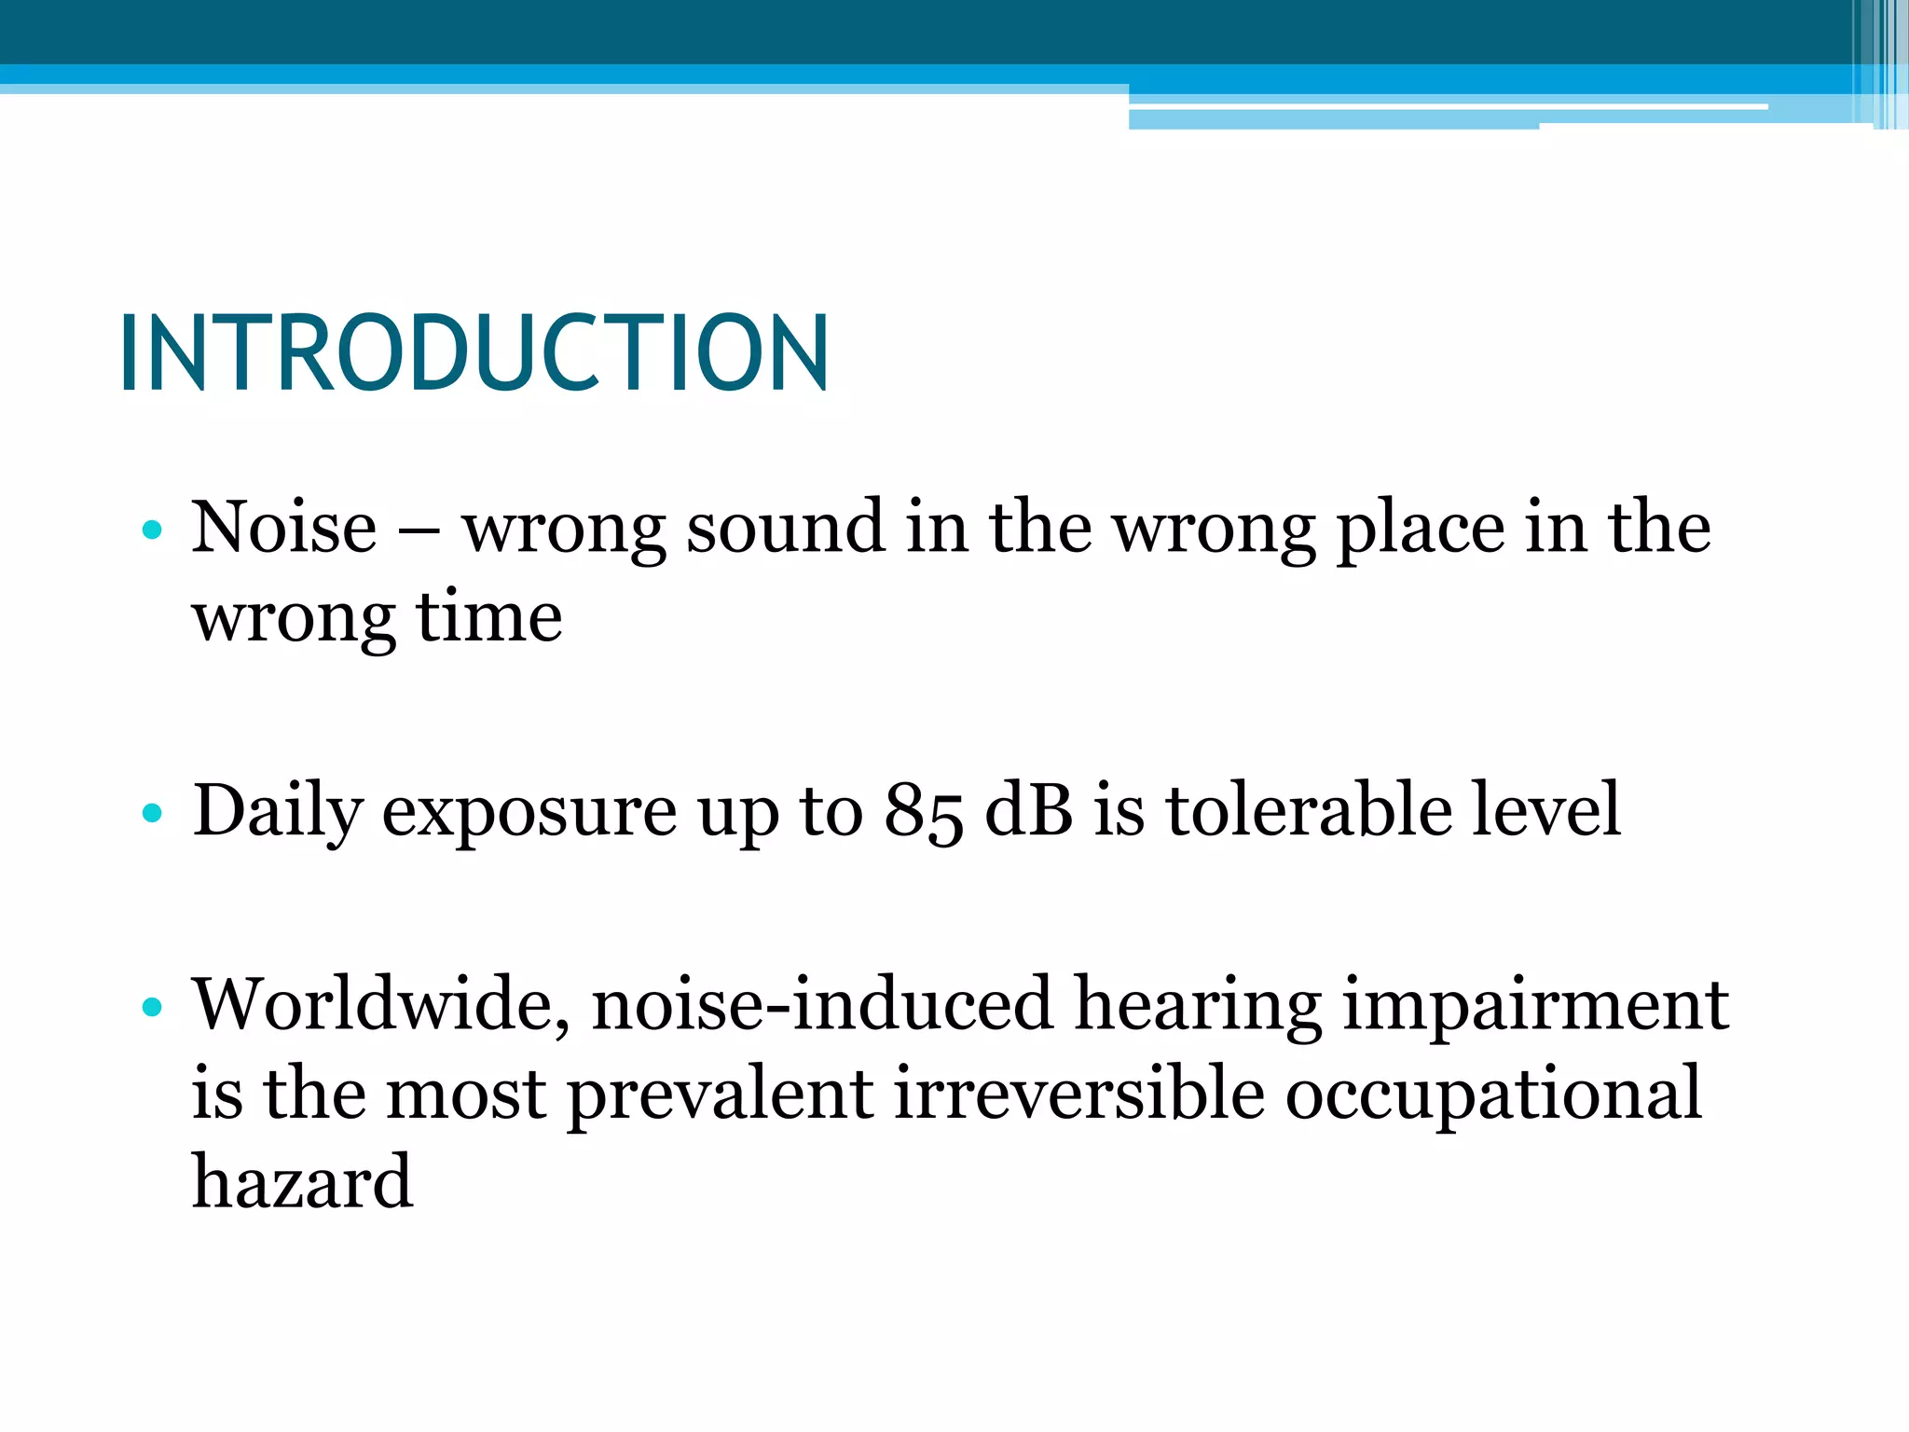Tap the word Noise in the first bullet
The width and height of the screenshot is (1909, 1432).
[284, 528]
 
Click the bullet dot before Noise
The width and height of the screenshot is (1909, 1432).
[152, 531]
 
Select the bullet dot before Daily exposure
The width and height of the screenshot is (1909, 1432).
[152, 814]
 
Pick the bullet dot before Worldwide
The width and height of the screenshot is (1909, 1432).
[152, 1007]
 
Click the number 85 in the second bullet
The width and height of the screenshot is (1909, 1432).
[923, 810]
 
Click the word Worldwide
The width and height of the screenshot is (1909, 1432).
[380, 1005]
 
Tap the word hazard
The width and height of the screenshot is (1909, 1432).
[302, 1182]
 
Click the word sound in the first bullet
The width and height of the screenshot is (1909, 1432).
[785, 528]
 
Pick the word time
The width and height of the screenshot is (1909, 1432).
[489, 617]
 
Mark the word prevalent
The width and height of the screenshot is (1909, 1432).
[720, 1095]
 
